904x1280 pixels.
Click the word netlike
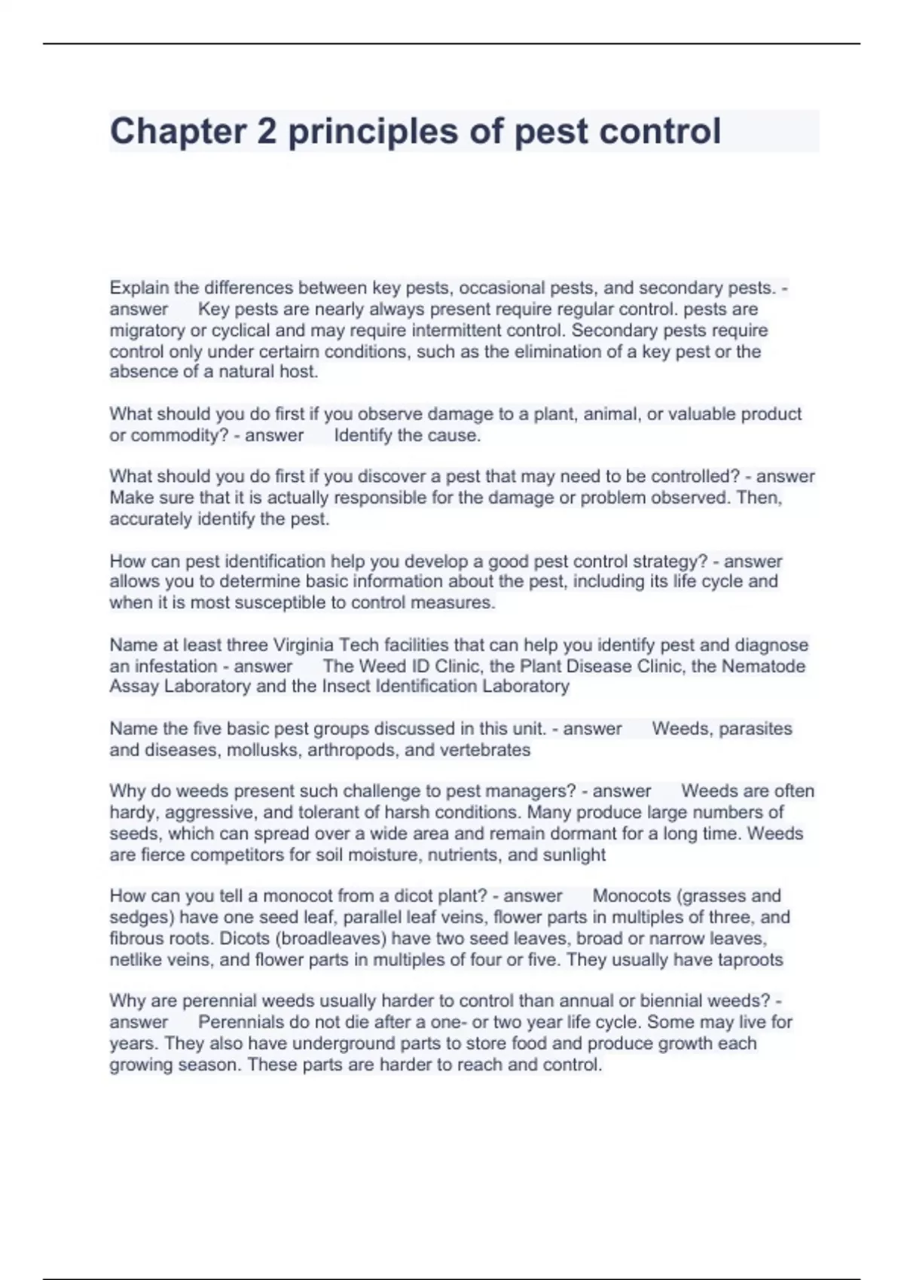click(134, 959)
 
